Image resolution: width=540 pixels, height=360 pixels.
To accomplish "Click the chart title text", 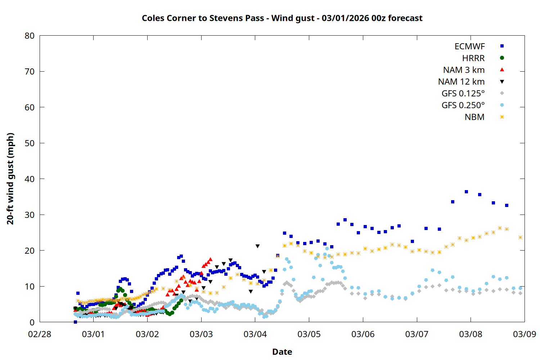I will [x=282, y=18].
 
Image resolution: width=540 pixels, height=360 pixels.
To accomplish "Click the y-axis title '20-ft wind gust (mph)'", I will [x=10, y=179].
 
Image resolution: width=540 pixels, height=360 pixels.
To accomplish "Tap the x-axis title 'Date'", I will [x=282, y=352].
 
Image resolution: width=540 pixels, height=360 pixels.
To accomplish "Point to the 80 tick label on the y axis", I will [x=30, y=36].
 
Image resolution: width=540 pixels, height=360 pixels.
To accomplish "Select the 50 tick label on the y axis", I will [x=30, y=143].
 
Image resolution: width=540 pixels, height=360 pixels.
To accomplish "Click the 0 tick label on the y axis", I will [x=32, y=322].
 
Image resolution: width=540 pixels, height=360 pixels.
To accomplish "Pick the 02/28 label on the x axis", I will [x=40, y=334].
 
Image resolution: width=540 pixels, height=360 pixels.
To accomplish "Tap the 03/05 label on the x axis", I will [x=309, y=334].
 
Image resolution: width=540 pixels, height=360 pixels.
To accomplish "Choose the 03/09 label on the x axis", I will [x=525, y=334].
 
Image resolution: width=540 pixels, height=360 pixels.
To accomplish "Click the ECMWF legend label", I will [x=469, y=46].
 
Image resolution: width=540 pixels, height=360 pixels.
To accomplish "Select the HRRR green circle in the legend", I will [x=502, y=58].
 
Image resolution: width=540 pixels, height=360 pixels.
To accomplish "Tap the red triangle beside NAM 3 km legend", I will [x=502, y=69].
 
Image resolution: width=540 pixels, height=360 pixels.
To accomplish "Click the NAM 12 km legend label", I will [x=461, y=82].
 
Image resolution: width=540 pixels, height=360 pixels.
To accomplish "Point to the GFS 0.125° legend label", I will [x=463, y=94].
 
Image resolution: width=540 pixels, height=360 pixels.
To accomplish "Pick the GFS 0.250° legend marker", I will [x=502, y=105].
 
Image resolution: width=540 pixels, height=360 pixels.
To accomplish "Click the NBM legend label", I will [x=474, y=117].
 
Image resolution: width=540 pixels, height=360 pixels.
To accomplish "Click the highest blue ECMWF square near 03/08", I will [x=466, y=192].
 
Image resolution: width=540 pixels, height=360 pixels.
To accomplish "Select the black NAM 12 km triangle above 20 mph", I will [x=257, y=246].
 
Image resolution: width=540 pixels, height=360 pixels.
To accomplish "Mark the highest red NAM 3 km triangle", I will [x=211, y=259].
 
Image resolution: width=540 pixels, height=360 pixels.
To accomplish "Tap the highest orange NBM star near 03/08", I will [x=500, y=228].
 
